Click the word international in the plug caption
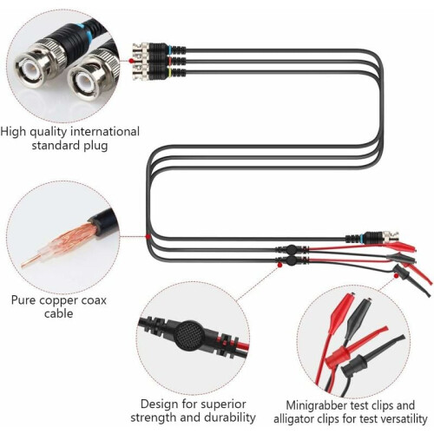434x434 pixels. [105, 132]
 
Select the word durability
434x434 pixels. [230, 418]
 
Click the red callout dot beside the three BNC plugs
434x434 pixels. [131, 61]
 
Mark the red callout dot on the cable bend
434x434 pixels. [148, 237]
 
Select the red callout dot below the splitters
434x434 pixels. [279, 265]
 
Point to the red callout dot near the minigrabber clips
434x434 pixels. [396, 275]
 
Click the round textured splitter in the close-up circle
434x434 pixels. [190, 335]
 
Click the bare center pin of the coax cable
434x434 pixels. [30, 261]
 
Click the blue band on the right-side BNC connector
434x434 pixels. [362, 238]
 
